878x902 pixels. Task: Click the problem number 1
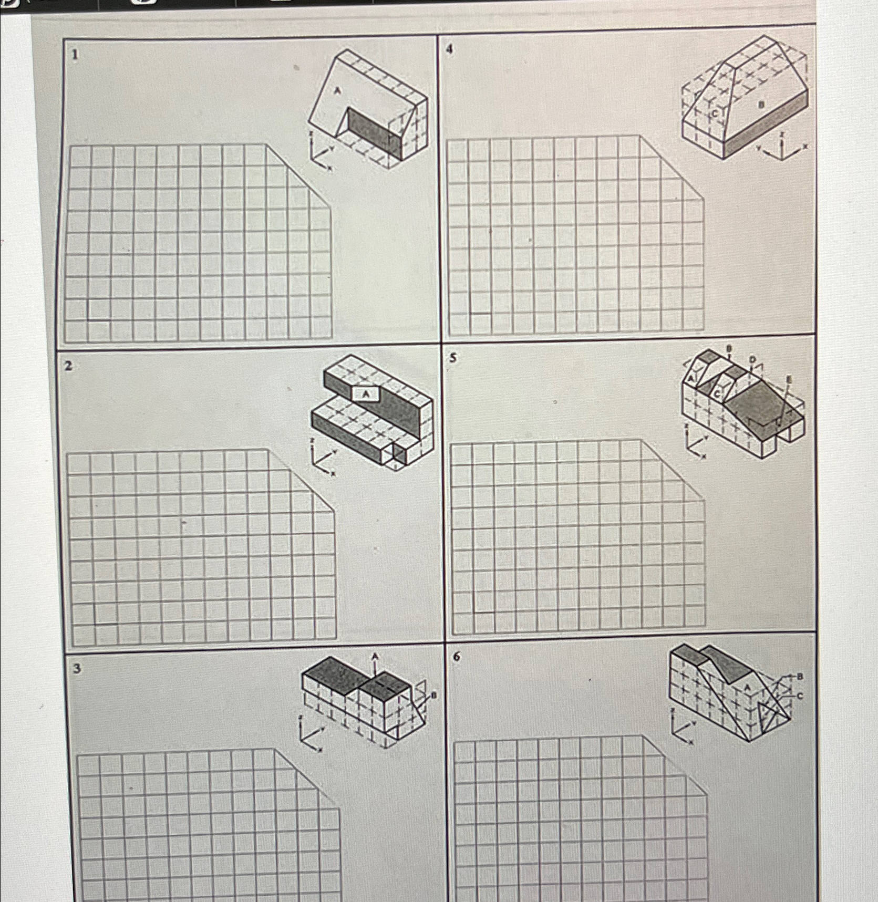76,54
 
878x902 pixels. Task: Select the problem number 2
68,366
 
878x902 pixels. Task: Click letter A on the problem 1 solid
338,91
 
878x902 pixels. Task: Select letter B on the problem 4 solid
759,105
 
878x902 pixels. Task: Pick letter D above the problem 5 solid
752,359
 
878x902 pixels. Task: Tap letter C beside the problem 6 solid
800,697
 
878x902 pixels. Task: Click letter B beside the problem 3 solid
433,696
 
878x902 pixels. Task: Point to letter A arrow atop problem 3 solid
375,657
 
